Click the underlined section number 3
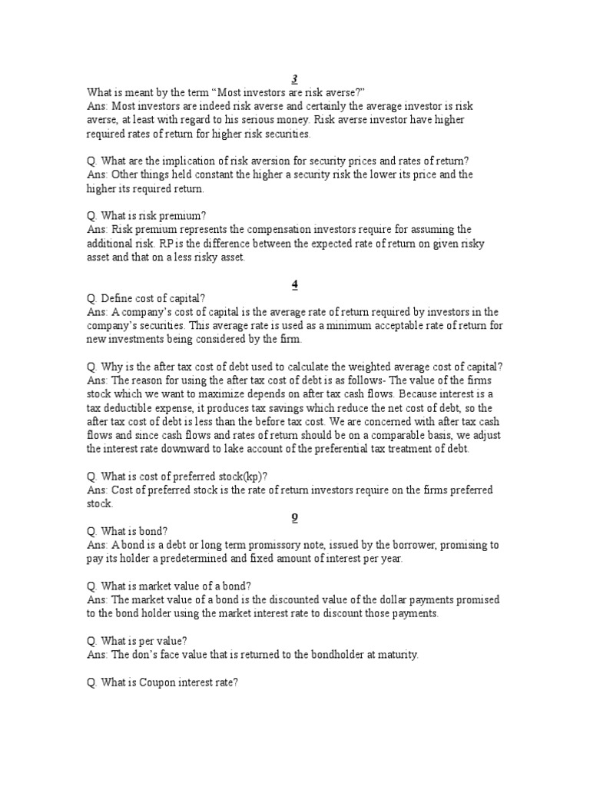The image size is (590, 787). coord(295,79)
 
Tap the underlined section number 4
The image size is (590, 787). coord(295,284)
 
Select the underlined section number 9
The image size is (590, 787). coord(295,517)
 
